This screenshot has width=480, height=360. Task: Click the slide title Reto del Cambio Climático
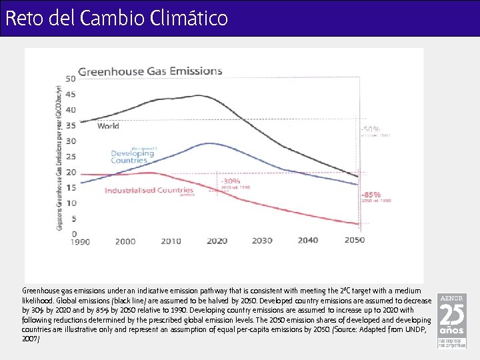coord(117,18)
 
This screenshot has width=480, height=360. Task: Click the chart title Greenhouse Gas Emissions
coord(151,71)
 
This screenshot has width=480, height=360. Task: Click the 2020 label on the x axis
coord(217,241)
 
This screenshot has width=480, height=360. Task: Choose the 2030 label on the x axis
coord(263,241)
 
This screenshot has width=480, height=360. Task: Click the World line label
coord(108,125)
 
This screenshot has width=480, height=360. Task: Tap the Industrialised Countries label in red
coord(149,190)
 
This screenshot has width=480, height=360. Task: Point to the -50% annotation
coord(371,129)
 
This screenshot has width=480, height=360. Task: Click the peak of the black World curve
coord(198,95)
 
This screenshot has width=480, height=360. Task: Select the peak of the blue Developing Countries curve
coord(211,143)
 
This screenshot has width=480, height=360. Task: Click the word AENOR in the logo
coord(451,298)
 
